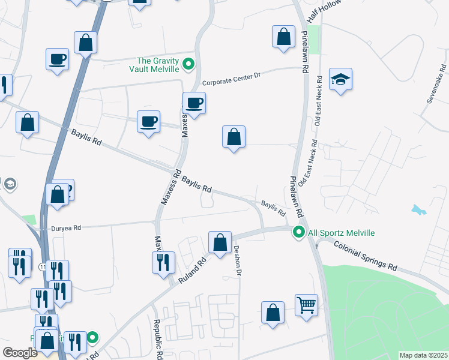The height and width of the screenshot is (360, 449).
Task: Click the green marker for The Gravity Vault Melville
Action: tap(188, 63)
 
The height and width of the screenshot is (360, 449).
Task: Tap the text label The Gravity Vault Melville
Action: tap(158, 64)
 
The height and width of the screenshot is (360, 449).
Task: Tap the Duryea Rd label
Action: tap(60, 228)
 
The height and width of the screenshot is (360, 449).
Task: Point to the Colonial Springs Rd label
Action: tap(366, 256)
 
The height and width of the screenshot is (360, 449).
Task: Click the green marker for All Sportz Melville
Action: tap(298, 232)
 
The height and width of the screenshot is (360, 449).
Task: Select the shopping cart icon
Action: tap(306, 305)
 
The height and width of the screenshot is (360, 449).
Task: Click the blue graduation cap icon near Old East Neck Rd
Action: tap(340, 80)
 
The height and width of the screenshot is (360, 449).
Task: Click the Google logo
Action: tap(20, 352)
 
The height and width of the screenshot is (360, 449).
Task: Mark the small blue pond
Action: tap(418, 210)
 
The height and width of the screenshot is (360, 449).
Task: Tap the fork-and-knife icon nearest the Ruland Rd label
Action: tap(163, 262)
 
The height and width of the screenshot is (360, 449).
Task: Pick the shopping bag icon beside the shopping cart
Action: tap(273, 313)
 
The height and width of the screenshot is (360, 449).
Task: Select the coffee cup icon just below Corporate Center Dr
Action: tap(194, 103)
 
